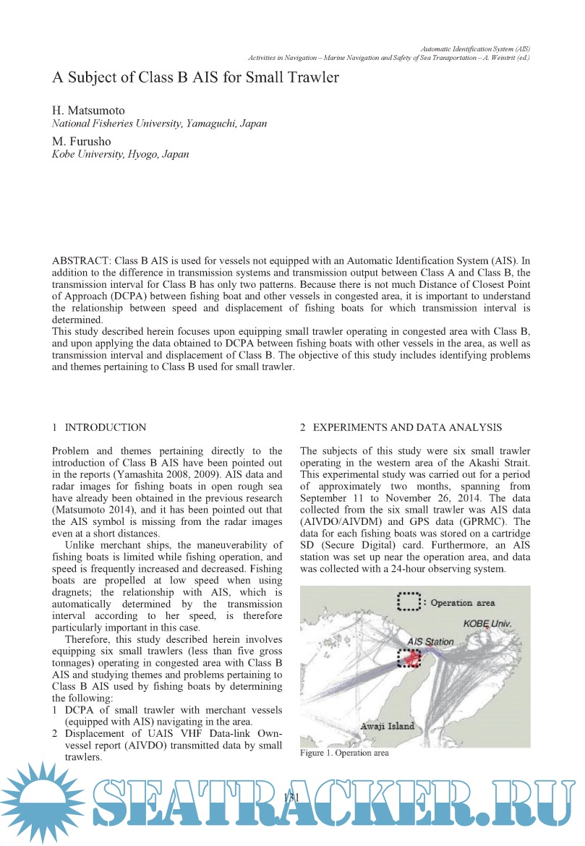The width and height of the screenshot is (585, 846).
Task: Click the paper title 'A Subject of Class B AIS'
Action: pos(195,77)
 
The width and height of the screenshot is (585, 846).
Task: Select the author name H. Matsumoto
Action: pos(88,111)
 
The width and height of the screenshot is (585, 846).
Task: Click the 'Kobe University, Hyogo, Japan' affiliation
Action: pos(120,154)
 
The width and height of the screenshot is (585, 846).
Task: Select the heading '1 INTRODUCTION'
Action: pos(99,427)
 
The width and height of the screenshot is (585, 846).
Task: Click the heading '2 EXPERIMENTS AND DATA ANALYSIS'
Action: pos(401,427)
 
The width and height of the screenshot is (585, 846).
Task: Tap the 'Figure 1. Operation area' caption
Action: pos(344,753)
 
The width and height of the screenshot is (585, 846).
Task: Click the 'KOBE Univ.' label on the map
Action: pos(488,623)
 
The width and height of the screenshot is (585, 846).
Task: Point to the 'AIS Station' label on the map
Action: pos(430,641)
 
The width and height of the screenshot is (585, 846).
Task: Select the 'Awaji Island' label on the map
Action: pos(386,725)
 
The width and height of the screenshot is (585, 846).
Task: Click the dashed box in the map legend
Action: pos(409,602)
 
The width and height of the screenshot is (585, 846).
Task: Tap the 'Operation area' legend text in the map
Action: pos(463,602)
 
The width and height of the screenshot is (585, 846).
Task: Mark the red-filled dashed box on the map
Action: pos(409,658)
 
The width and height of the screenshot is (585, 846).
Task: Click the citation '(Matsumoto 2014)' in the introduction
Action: pos(91,510)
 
